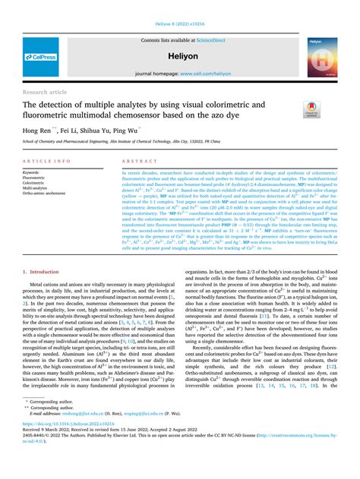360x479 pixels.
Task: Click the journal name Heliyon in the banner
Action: (x=180, y=56)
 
